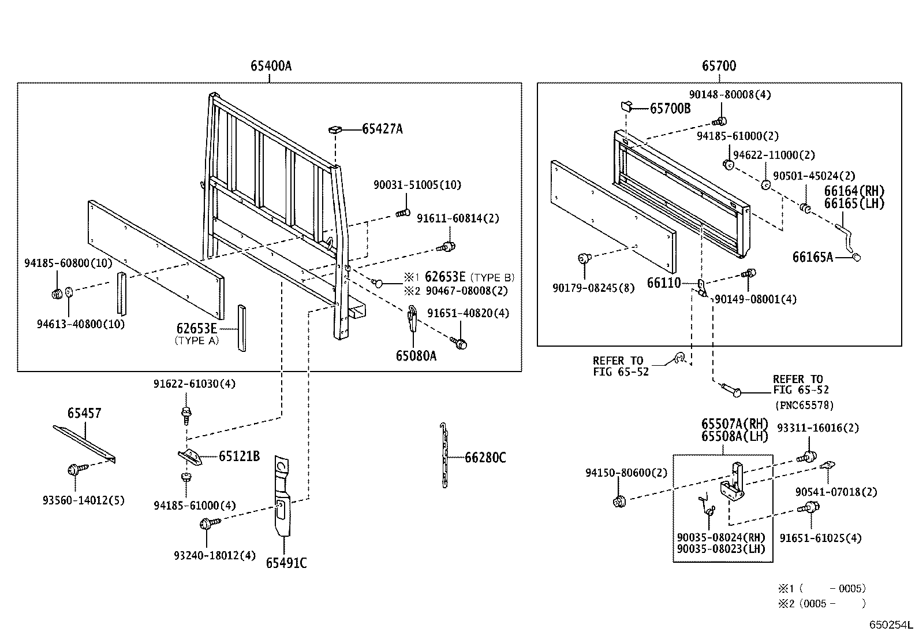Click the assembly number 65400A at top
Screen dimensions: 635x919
point(271,66)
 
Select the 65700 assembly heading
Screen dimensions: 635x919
point(719,66)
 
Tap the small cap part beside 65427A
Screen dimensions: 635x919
point(335,129)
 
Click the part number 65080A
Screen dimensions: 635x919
point(416,356)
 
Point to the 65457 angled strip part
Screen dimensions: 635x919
point(84,444)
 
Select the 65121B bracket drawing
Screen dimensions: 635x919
point(190,456)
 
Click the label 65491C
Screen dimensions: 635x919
point(286,562)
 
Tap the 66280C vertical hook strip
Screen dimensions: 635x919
point(444,456)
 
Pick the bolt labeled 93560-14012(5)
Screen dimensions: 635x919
point(76,470)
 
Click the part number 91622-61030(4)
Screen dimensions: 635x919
point(194,384)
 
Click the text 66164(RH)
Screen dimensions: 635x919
point(854,191)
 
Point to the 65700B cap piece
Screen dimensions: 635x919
point(627,106)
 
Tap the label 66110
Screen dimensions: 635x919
point(664,283)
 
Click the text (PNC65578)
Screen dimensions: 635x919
point(804,405)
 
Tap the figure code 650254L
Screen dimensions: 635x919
point(891,625)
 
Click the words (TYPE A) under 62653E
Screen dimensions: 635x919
point(197,340)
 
